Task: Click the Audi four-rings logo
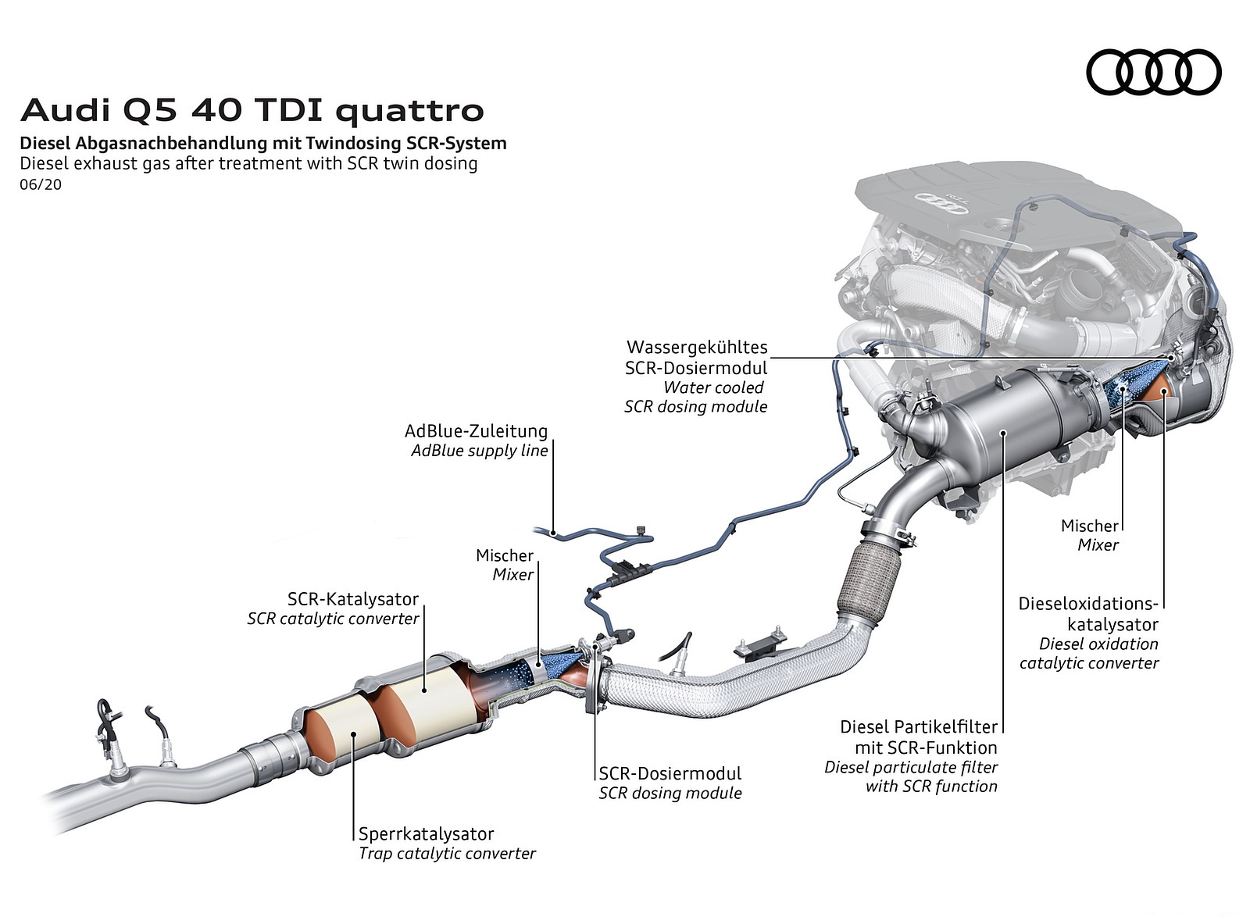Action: (x=1153, y=72)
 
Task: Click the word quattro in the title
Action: (x=410, y=111)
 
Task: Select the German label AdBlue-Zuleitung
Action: (x=476, y=431)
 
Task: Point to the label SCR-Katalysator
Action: (x=353, y=599)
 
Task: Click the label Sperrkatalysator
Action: (x=426, y=834)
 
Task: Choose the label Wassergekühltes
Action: (x=697, y=347)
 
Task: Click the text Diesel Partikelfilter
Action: (x=919, y=727)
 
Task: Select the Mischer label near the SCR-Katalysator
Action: (x=505, y=555)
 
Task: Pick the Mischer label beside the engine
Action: (x=1089, y=526)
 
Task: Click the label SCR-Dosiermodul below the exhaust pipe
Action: (x=670, y=773)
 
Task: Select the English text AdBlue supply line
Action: (x=480, y=451)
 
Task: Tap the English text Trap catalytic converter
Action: (x=447, y=854)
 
